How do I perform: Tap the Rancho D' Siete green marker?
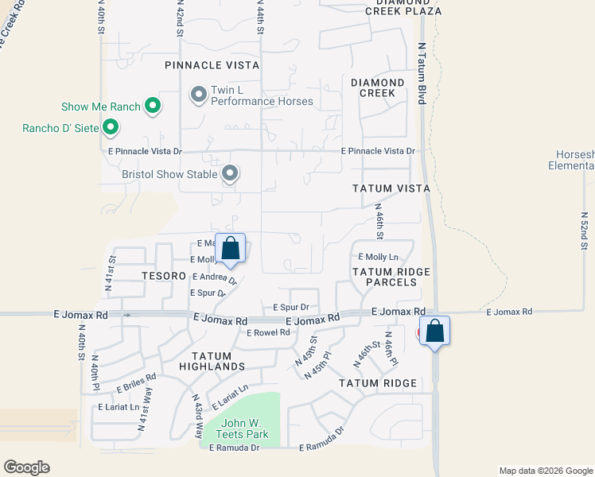coord(111,126)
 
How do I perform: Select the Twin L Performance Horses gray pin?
coord(198,95)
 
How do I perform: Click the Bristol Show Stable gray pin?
coord(230,173)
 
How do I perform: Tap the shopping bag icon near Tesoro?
coord(230,248)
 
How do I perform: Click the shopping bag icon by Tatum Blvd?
coord(435,330)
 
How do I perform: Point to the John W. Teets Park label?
coord(244,429)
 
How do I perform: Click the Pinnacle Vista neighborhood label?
coord(212,65)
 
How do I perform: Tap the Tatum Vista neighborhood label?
coord(391,188)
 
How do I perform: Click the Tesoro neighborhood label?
coord(163,275)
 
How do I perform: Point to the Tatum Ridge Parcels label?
coord(391,277)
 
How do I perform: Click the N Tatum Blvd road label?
coord(422,73)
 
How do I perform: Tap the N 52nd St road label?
coord(584,231)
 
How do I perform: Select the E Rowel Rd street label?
coord(268,332)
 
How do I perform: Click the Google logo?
coord(26,467)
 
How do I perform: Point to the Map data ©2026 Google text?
coord(545,471)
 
